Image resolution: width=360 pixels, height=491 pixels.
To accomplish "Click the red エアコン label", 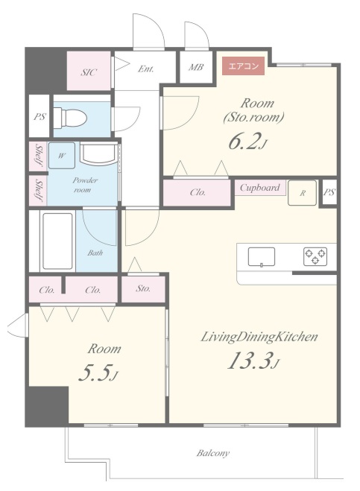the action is (x=243, y=66).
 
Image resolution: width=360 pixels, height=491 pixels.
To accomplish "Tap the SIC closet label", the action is (x=89, y=72).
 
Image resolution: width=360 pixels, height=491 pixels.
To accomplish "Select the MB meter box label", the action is (x=196, y=67).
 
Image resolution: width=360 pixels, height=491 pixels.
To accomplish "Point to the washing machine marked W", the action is (x=62, y=156).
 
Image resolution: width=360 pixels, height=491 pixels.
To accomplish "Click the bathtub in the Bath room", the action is (x=57, y=241).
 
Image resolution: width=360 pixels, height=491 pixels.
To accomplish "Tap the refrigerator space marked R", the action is (x=302, y=193).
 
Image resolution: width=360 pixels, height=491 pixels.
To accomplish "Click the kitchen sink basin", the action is (x=262, y=257).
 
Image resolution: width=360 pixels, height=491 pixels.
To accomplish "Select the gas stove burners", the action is (x=315, y=256).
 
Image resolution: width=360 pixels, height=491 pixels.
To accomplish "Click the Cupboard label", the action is (x=259, y=188).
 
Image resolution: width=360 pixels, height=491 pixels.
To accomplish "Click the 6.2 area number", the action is (x=247, y=142).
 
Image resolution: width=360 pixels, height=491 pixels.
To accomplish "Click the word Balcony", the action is (x=212, y=453).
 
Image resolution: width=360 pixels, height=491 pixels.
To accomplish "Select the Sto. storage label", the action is (x=143, y=288).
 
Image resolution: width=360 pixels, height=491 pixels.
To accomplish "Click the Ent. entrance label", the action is (x=145, y=69).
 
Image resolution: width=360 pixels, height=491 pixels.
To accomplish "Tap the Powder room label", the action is (x=84, y=185).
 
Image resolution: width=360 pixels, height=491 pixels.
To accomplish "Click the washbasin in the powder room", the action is (x=98, y=153).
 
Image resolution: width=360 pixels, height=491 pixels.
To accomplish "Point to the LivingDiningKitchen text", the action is (x=259, y=337).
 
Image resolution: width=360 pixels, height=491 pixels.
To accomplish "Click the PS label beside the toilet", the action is (x=40, y=117).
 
